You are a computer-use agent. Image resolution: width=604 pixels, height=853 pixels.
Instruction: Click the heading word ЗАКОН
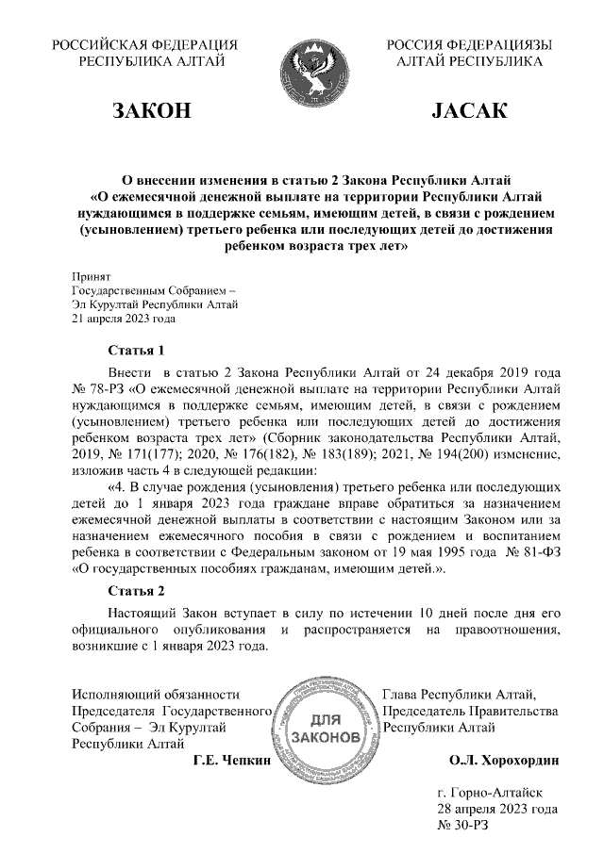point(152,112)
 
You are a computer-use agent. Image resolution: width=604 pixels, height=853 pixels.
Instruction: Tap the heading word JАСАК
point(469,112)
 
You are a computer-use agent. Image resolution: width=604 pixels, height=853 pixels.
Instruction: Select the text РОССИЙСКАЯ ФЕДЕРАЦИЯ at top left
point(144,44)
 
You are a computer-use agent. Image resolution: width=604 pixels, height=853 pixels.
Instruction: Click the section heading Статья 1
point(136,350)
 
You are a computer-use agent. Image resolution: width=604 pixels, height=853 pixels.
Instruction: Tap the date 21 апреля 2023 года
point(124,318)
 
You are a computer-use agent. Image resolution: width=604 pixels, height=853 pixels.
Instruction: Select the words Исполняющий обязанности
point(149,695)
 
